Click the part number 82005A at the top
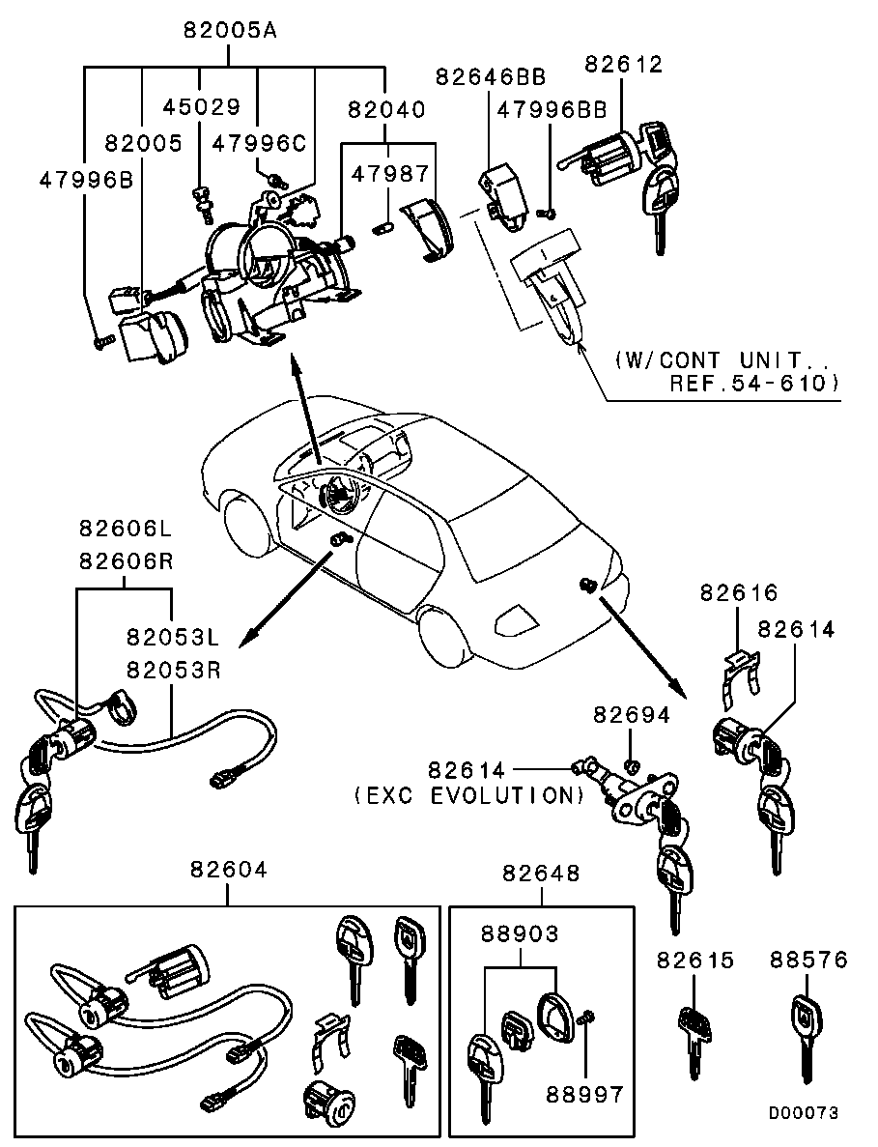tap(230, 30)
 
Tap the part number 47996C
tap(258, 143)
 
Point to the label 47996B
tap(85, 180)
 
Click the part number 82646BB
tap(490, 76)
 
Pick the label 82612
tap(624, 65)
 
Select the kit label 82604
tap(228, 871)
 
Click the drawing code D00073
tap(803, 1113)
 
